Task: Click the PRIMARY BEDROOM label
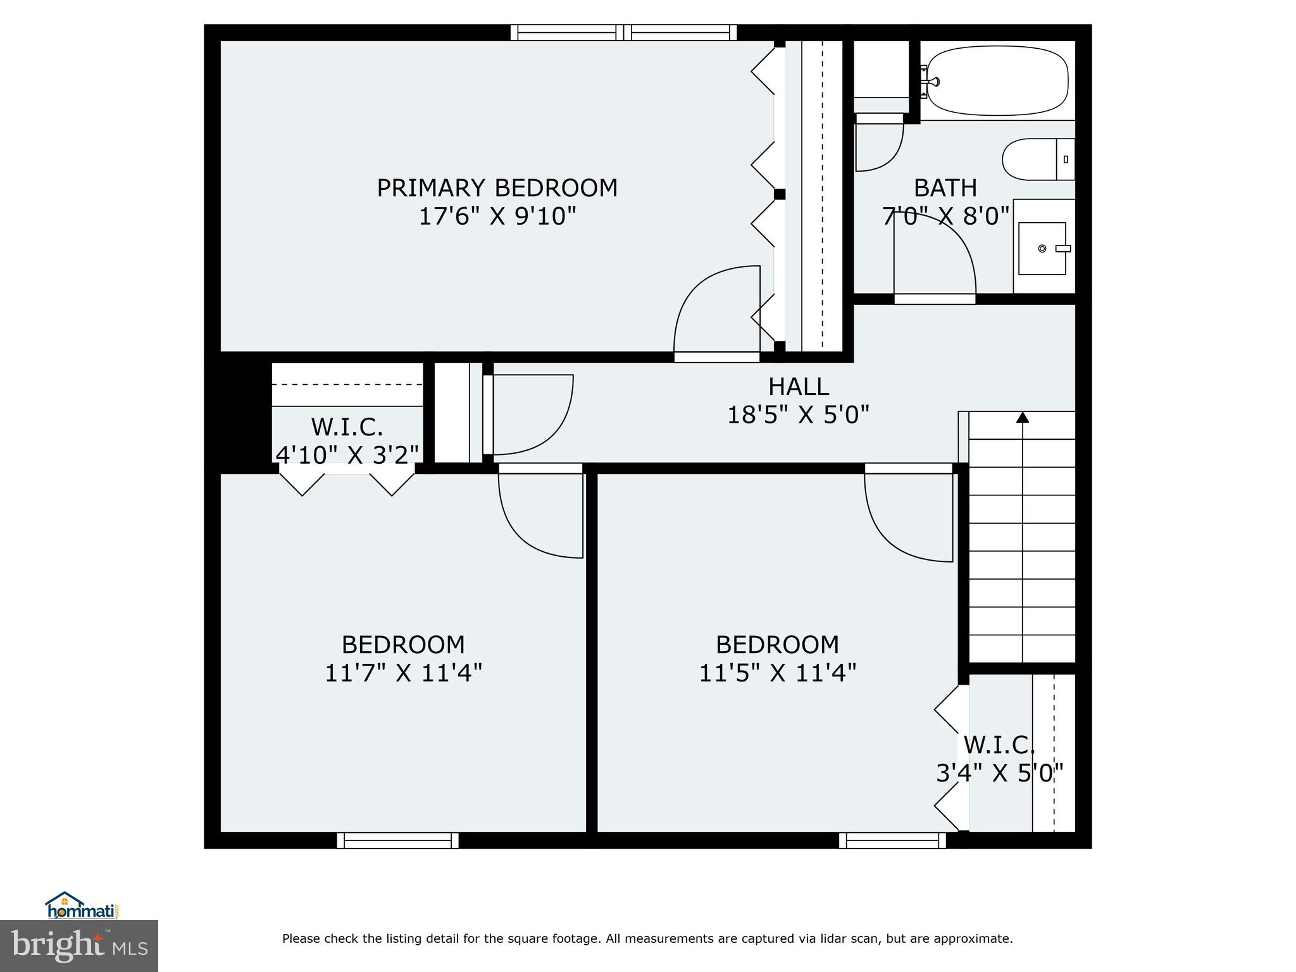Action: point(497,188)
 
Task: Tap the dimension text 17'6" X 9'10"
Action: point(497,217)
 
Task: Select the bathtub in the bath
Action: point(997,81)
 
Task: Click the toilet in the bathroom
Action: point(1038,159)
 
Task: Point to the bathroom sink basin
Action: point(1042,249)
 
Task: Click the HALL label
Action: point(798,387)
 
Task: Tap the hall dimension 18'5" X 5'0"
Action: point(798,415)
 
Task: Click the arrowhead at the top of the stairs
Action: point(1023,418)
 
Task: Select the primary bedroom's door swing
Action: point(715,310)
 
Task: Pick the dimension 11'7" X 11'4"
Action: point(403,673)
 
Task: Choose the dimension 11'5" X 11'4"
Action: point(777,673)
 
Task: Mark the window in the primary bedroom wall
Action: point(624,32)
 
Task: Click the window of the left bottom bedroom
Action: point(397,840)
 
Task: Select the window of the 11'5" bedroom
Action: point(892,840)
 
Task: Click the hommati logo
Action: point(83,906)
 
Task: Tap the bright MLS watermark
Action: point(79,945)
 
